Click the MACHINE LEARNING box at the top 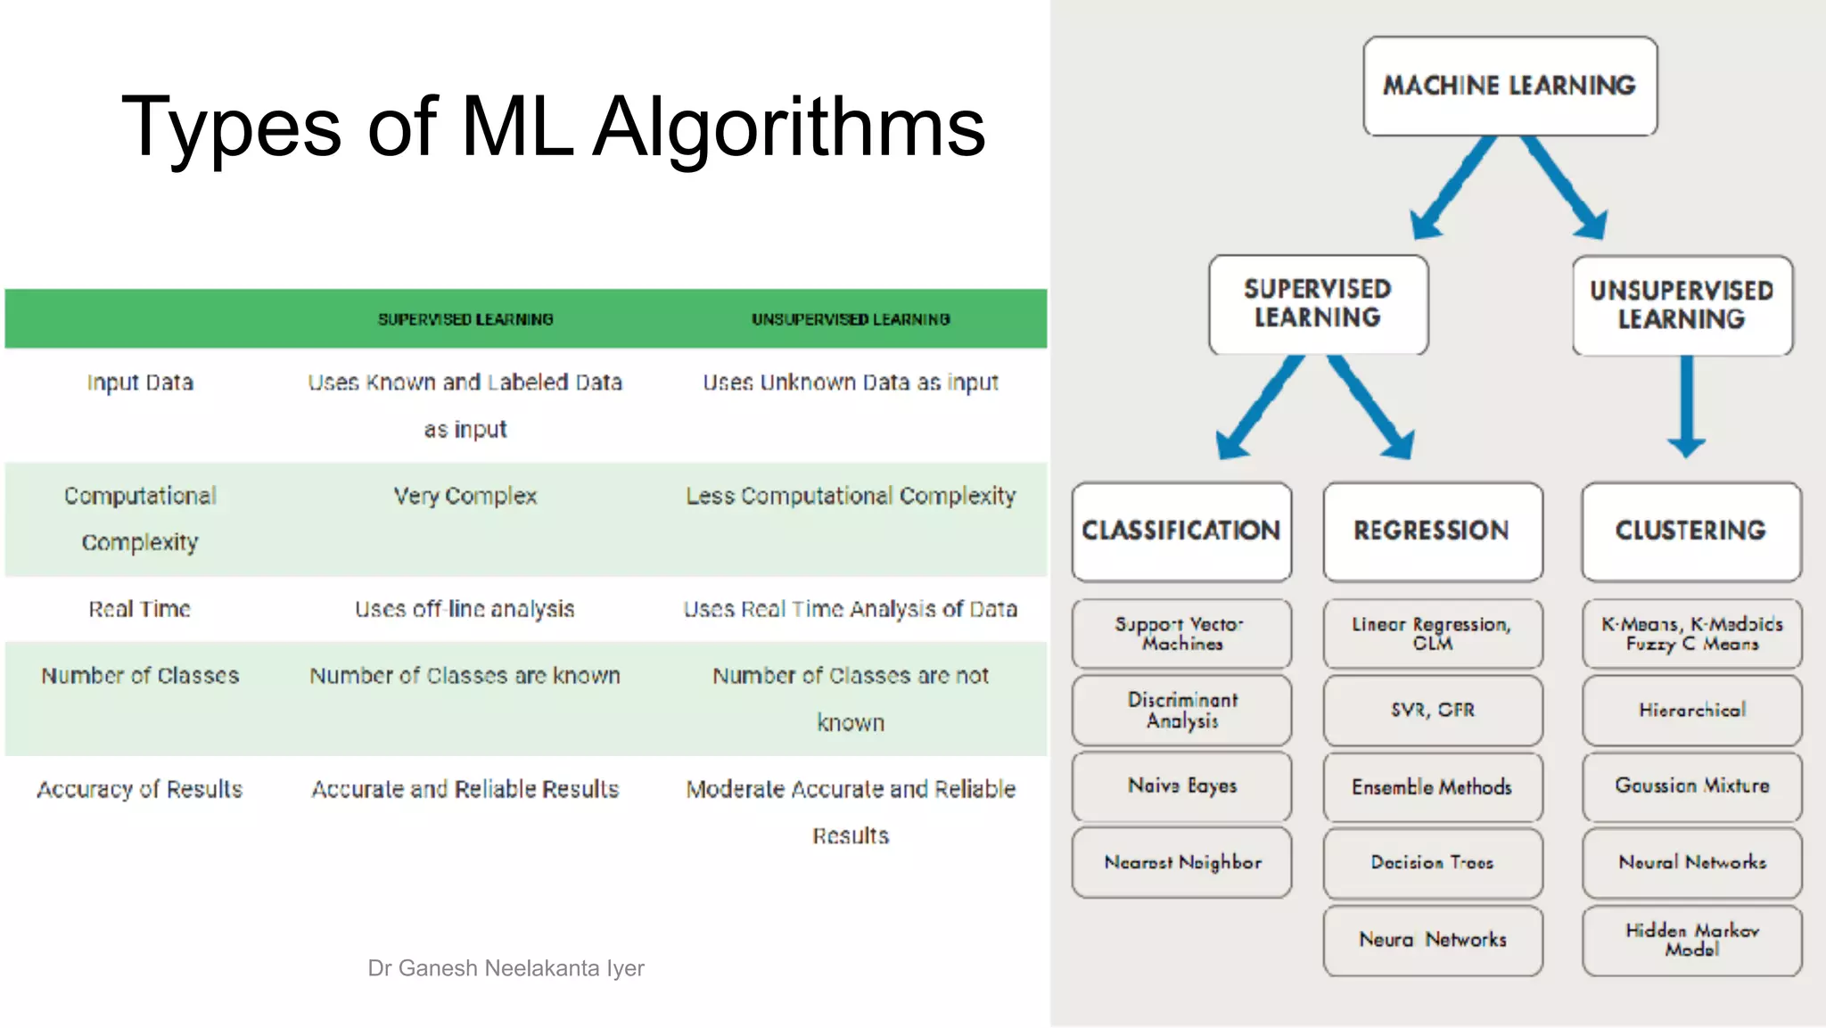pyautogui.click(x=1509, y=86)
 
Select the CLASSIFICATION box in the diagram pyautogui.click(x=1181, y=531)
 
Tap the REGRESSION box pyautogui.click(x=1432, y=531)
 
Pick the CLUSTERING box pyautogui.click(x=1690, y=531)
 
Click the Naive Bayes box pyautogui.click(x=1181, y=786)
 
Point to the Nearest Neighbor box pyautogui.click(x=1181, y=862)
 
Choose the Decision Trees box pyautogui.click(x=1432, y=863)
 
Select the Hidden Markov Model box pyautogui.click(x=1691, y=940)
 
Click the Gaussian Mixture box pyautogui.click(x=1691, y=786)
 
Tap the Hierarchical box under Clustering pyautogui.click(x=1691, y=711)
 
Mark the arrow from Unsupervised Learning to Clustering pyautogui.click(x=1686, y=406)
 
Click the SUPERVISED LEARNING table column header pyautogui.click(x=465, y=319)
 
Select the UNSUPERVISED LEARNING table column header pyautogui.click(x=851, y=319)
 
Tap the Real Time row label pyautogui.click(x=140, y=609)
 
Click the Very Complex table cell pyautogui.click(x=465, y=496)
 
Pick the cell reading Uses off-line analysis pyautogui.click(x=465, y=609)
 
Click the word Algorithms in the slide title pyautogui.click(x=788, y=127)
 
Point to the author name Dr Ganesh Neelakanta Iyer pyautogui.click(x=506, y=968)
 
